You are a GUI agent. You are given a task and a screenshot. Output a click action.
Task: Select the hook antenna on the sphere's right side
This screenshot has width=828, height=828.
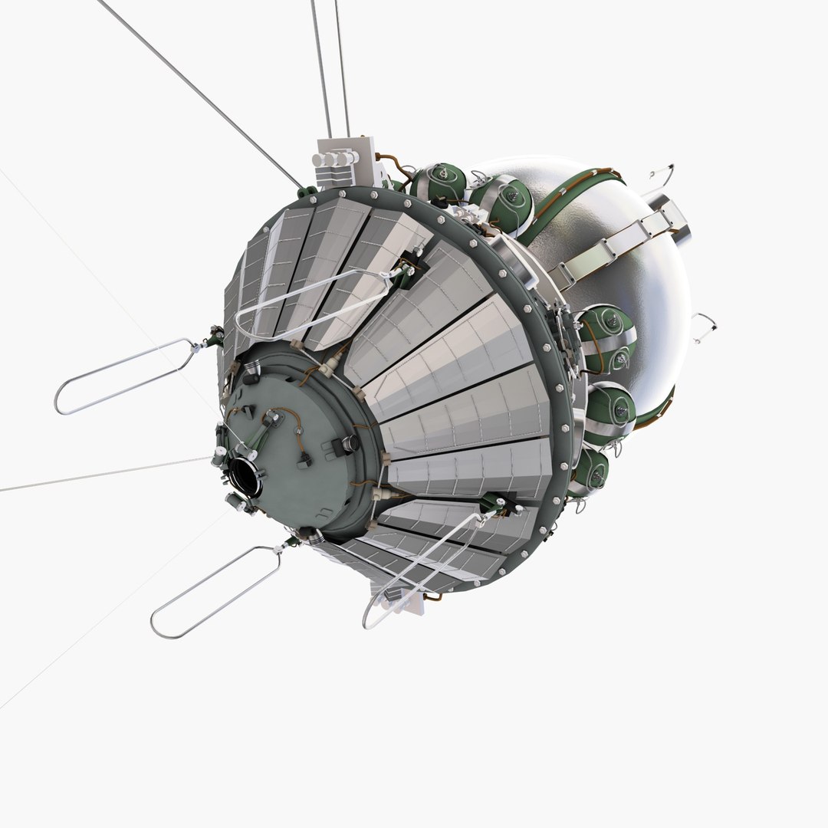(704, 328)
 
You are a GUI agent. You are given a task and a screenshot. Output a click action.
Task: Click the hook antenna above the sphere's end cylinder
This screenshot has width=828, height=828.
(661, 178)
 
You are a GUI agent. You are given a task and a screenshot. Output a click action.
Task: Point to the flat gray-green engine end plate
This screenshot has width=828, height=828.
(307, 452)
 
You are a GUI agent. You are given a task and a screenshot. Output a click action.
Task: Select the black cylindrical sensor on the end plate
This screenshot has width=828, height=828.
(350, 443)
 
